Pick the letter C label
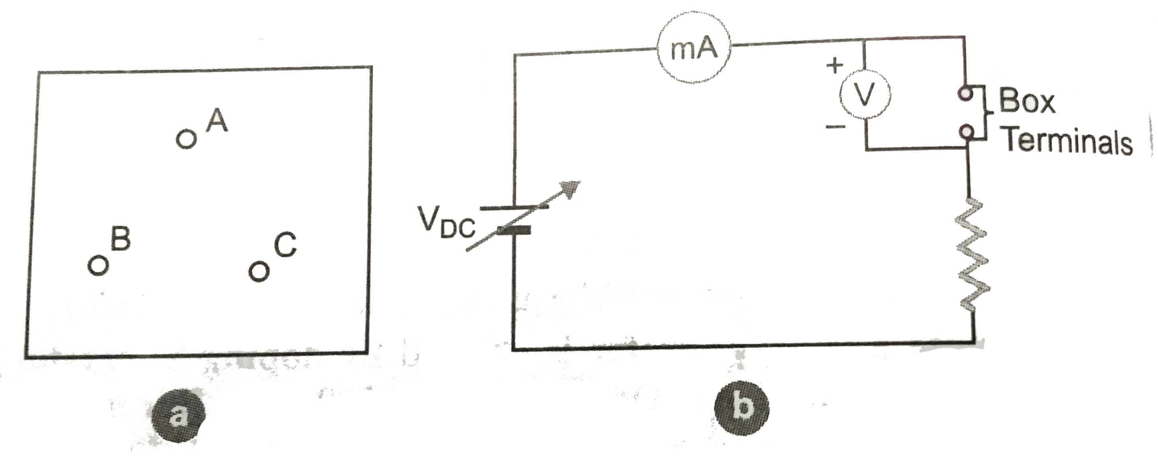[285, 246]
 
